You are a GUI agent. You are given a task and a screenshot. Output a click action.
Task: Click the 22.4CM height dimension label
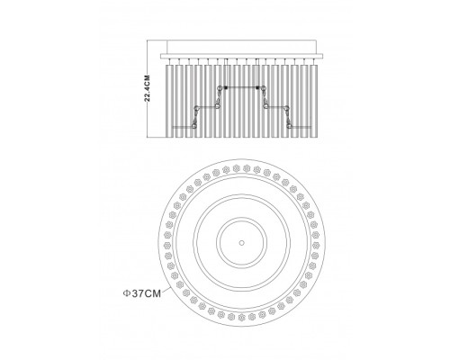(x=147, y=88)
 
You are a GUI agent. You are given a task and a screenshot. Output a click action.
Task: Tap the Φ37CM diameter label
(x=142, y=293)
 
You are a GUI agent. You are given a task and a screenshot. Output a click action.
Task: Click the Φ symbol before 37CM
(x=126, y=293)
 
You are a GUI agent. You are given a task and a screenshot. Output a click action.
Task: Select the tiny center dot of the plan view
(x=241, y=243)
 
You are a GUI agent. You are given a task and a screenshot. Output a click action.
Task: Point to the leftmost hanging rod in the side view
(x=169, y=101)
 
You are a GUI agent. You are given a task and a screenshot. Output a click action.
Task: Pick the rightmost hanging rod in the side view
(x=313, y=101)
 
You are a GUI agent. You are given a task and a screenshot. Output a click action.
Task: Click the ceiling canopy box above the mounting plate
(x=241, y=47)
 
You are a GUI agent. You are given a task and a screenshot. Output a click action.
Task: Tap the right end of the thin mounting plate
(x=323, y=56)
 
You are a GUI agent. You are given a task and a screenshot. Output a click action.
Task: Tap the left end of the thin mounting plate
(x=161, y=56)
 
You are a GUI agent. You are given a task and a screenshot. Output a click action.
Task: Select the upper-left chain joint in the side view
(x=220, y=87)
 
